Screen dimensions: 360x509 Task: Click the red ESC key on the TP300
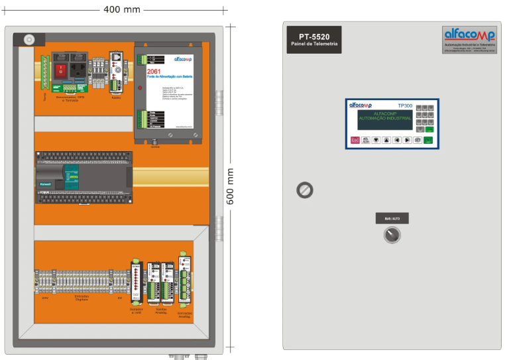point(355,140)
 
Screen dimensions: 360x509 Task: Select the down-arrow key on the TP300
point(376,140)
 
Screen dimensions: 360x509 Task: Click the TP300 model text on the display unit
point(406,105)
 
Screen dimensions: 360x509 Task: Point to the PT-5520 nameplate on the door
point(314,40)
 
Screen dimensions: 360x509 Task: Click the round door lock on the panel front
point(304,190)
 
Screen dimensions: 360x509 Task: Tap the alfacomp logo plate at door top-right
point(469,39)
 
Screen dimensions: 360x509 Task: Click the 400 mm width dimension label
point(123,9)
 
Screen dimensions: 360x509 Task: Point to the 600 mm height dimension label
point(231,186)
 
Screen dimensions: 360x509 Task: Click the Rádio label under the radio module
point(116,97)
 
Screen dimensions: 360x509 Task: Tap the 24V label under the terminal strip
point(45,298)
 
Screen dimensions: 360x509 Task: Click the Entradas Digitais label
point(82,298)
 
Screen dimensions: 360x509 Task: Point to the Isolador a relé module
point(136,285)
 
